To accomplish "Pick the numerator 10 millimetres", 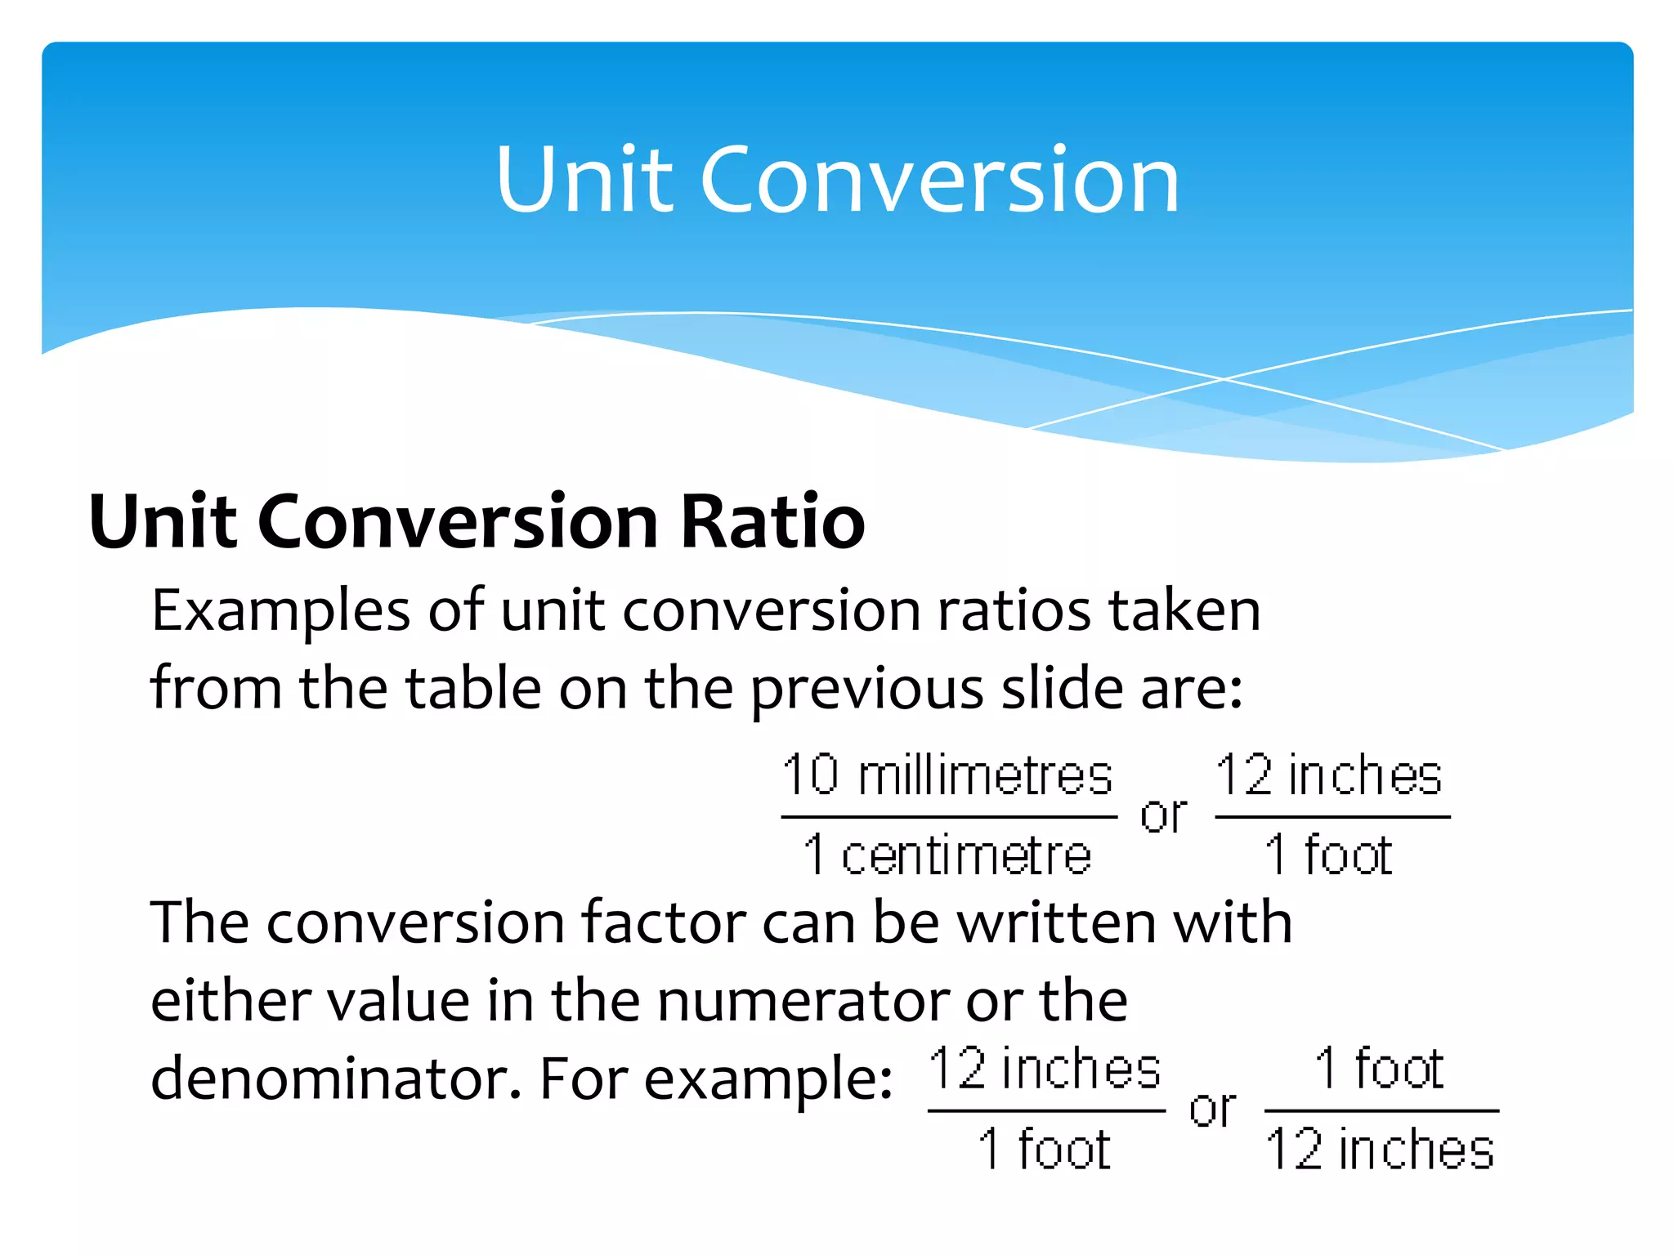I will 947,775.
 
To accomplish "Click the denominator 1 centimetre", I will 947,855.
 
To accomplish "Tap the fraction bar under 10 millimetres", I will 948,816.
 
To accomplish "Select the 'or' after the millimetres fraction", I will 1164,815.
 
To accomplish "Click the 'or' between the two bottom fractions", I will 1213,1110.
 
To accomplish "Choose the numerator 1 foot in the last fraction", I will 1379,1069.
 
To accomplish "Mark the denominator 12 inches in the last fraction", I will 1381,1150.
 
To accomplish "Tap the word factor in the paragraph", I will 663,922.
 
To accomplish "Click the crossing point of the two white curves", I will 1224,379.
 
